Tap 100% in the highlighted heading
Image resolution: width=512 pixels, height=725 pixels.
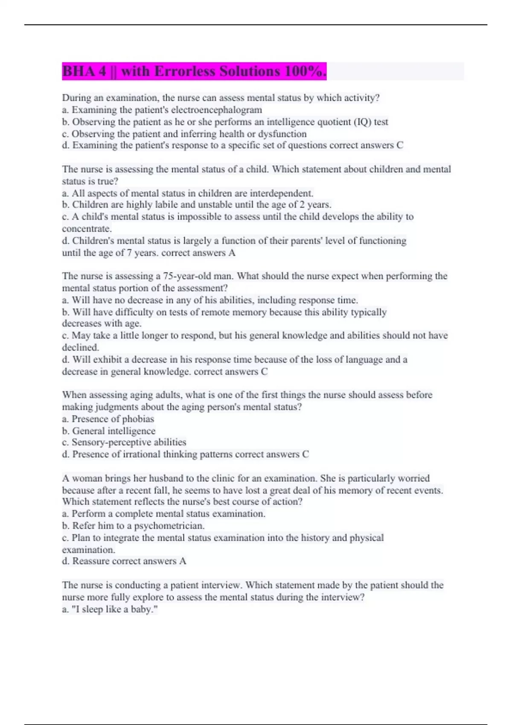coord(305,71)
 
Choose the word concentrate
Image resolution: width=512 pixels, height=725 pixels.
coord(86,229)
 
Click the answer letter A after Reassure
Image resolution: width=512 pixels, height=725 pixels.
coord(183,561)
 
